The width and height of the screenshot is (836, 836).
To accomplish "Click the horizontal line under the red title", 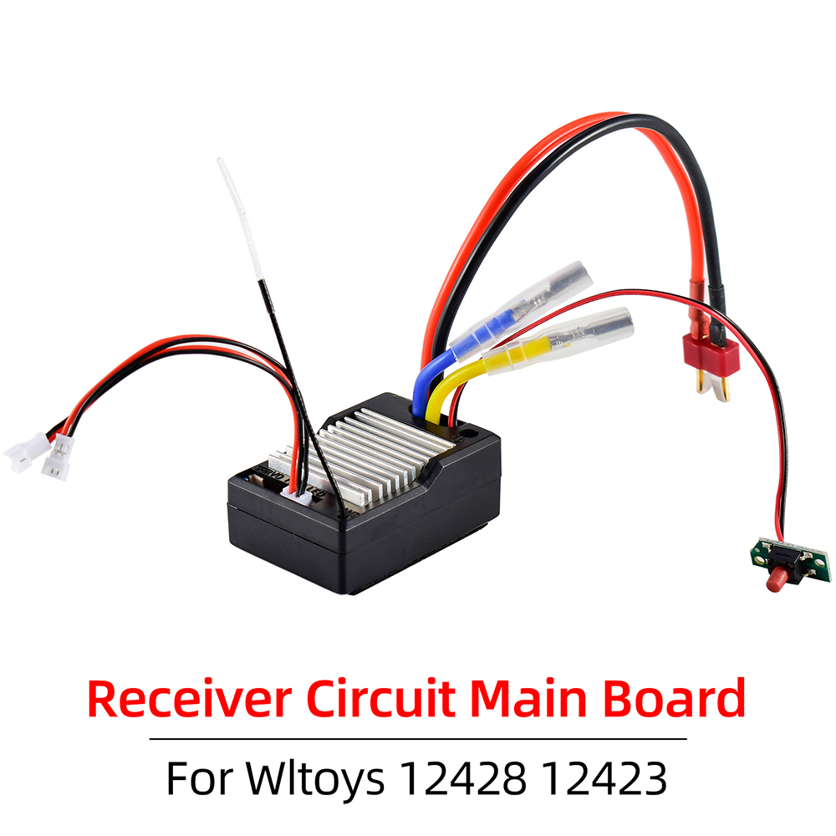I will click(x=418, y=739).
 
